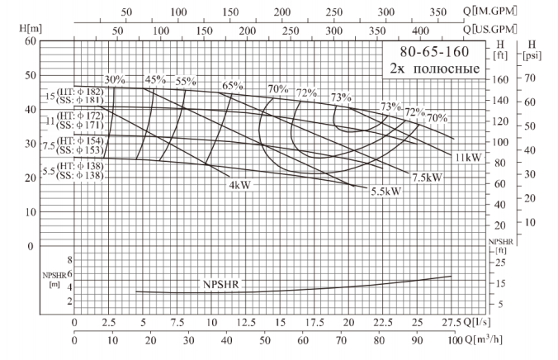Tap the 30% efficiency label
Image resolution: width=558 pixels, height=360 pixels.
(x=115, y=80)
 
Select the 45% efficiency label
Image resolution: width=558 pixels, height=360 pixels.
(x=155, y=80)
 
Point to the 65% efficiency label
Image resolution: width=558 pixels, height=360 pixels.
(x=233, y=85)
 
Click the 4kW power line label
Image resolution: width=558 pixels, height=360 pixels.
(x=240, y=184)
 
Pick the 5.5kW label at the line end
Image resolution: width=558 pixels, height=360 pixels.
(x=385, y=192)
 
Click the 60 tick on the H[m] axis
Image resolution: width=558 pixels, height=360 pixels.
(x=30, y=40)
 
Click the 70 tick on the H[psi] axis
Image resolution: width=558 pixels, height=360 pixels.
(x=531, y=78)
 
